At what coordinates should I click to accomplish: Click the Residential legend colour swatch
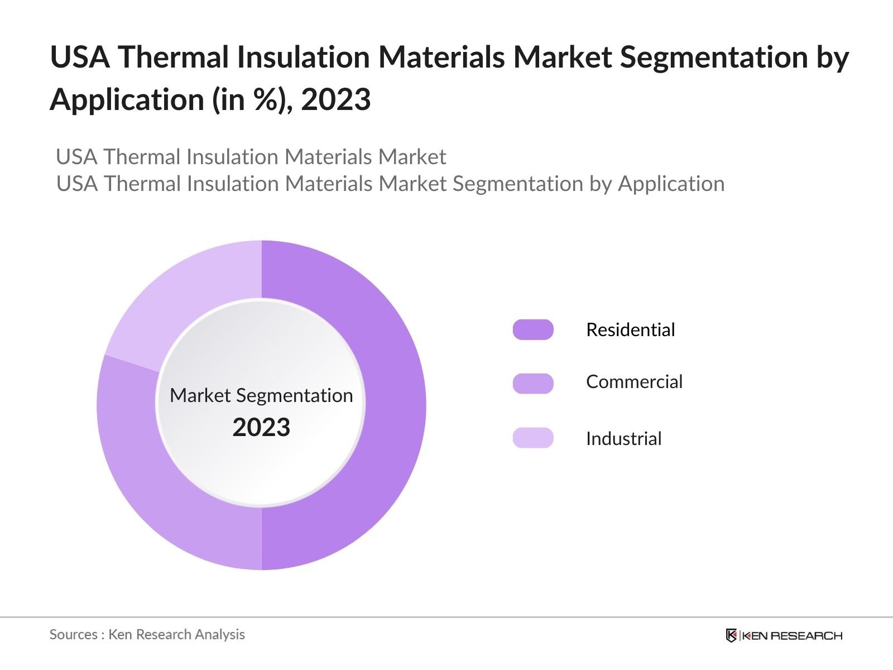(533, 330)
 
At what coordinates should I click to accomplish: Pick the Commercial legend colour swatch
(533, 384)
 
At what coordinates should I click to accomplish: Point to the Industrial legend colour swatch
(533, 438)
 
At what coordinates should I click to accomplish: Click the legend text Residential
(630, 330)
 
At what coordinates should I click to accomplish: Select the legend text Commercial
(634, 382)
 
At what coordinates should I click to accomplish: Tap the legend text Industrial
(623, 439)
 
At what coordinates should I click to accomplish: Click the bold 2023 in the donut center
(261, 428)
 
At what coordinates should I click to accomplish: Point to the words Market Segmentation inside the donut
(261, 395)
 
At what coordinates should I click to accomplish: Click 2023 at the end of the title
(336, 100)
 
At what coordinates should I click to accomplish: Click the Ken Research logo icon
(731, 635)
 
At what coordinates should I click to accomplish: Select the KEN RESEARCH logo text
(791, 635)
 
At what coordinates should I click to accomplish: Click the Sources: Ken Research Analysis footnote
(147, 634)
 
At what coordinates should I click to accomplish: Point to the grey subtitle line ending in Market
(251, 157)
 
